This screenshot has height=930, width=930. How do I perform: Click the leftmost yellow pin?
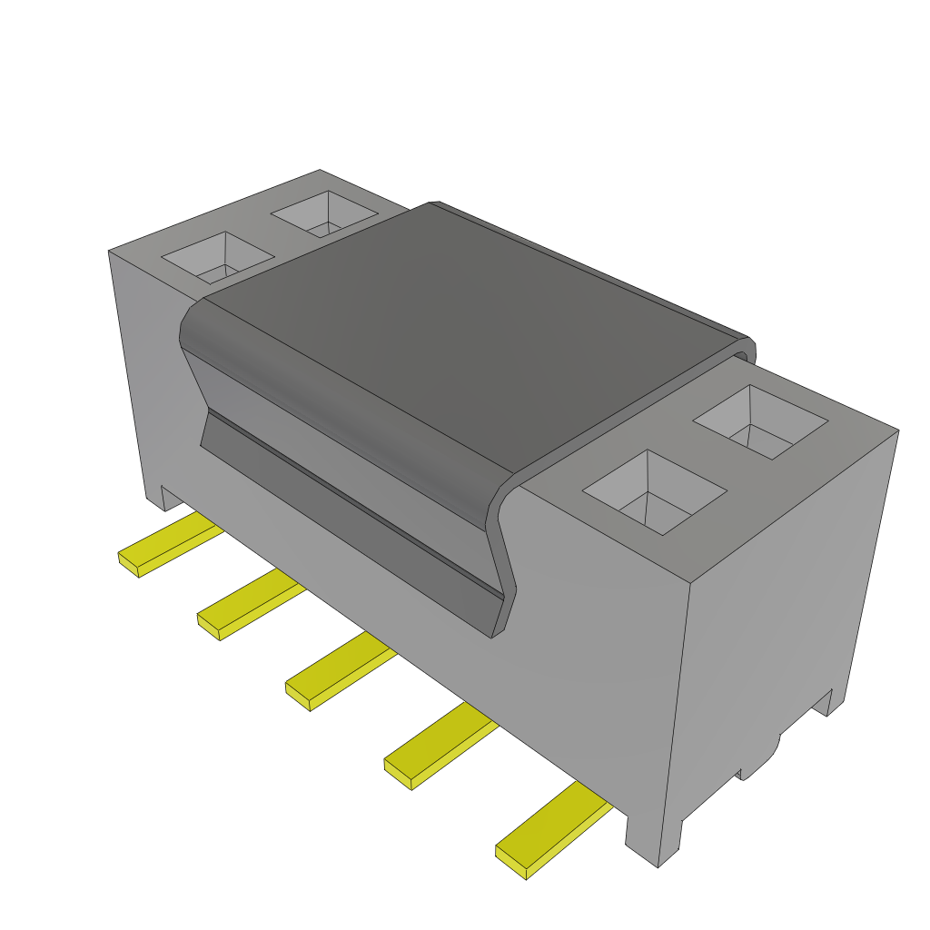[168, 544]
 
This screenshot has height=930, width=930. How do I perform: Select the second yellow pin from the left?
[250, 601]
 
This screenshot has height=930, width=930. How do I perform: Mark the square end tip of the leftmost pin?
[128, 563]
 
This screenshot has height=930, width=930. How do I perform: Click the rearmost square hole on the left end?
[324, 214]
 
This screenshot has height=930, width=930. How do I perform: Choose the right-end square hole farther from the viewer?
[759, 421]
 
